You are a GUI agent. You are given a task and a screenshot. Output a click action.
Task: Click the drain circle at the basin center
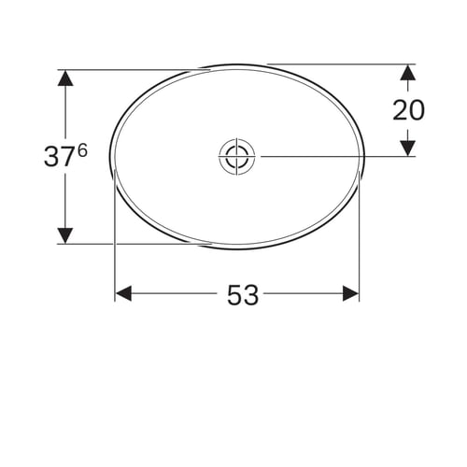pyautogui.click(x=237, y=157)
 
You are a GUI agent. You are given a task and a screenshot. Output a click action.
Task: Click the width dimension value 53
pyautogui.click(x=243, y=295)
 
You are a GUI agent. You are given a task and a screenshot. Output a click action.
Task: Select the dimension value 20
pyautogui.click(x=408, y=110)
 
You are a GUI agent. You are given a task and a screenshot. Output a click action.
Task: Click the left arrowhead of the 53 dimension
pyautogui.click(x=123, y=293)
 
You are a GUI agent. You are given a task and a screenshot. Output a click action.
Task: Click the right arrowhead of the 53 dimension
pyautogui.click(x=350, y=293)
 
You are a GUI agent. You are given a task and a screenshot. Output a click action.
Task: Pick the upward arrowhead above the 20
pyautogui.click(x=408, y=72)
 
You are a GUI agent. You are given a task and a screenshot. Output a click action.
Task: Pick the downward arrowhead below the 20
pyautogui.click(x=408, y=149)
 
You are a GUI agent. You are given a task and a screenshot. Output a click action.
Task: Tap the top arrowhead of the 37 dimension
pyautogui.click(x=65, y=78)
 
